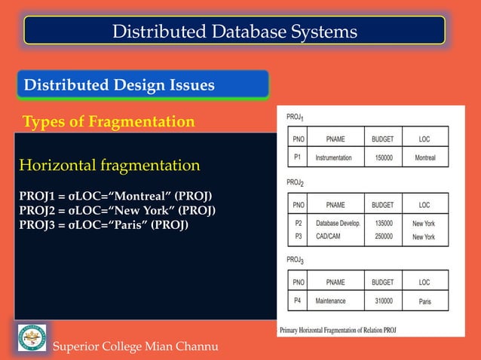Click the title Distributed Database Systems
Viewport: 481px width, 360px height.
click(234, 31)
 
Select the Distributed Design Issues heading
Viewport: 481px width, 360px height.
click(119, 86)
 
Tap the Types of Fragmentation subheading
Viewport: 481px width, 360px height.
click(109, 121)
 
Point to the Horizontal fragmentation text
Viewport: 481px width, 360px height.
click(109, 165)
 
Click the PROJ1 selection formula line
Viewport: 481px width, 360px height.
click(121, 197)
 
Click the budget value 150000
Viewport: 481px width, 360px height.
click(382, 157)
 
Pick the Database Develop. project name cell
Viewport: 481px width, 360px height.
click(338, 224)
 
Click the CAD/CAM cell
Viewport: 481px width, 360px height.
click(329, 236)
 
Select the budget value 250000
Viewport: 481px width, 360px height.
click(382, 236)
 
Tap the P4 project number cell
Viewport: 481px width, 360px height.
click(298, 301)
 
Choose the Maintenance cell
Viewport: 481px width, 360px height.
click(330, 301)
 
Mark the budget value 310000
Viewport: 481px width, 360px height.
click(382, 301)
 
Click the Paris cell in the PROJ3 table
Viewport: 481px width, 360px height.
click(424, 301)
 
